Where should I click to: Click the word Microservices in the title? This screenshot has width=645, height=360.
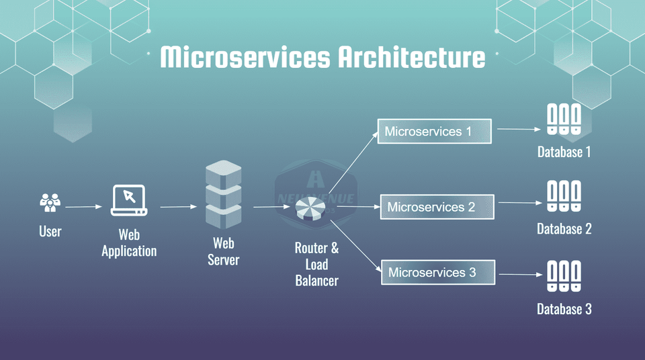[245, 57]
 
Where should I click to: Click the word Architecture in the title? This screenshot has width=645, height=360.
[411, 57]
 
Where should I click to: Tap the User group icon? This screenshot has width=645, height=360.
[50, 203]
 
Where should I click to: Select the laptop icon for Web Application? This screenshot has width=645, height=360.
[129, 200]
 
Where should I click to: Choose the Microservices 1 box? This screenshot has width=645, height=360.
[435, 131]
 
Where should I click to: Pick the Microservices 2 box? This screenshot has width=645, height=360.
[437, 207]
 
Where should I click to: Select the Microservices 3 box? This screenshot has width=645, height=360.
[438, 273]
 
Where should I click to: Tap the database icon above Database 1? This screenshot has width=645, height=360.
[564, 120]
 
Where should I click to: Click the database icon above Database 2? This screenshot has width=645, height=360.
[564, 197]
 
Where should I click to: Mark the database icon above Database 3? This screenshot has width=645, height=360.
[564, 276]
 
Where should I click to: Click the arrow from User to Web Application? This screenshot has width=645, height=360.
[83, 207]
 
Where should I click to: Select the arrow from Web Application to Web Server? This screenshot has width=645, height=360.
[178, 207]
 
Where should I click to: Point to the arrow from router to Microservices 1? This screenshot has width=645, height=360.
[352, 163]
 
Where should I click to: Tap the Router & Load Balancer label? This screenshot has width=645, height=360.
[316, 264]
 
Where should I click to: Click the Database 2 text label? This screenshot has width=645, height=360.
[564, 229]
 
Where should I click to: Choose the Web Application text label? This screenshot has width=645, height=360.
[129, 243]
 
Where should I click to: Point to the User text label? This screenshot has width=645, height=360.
[50, 232]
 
